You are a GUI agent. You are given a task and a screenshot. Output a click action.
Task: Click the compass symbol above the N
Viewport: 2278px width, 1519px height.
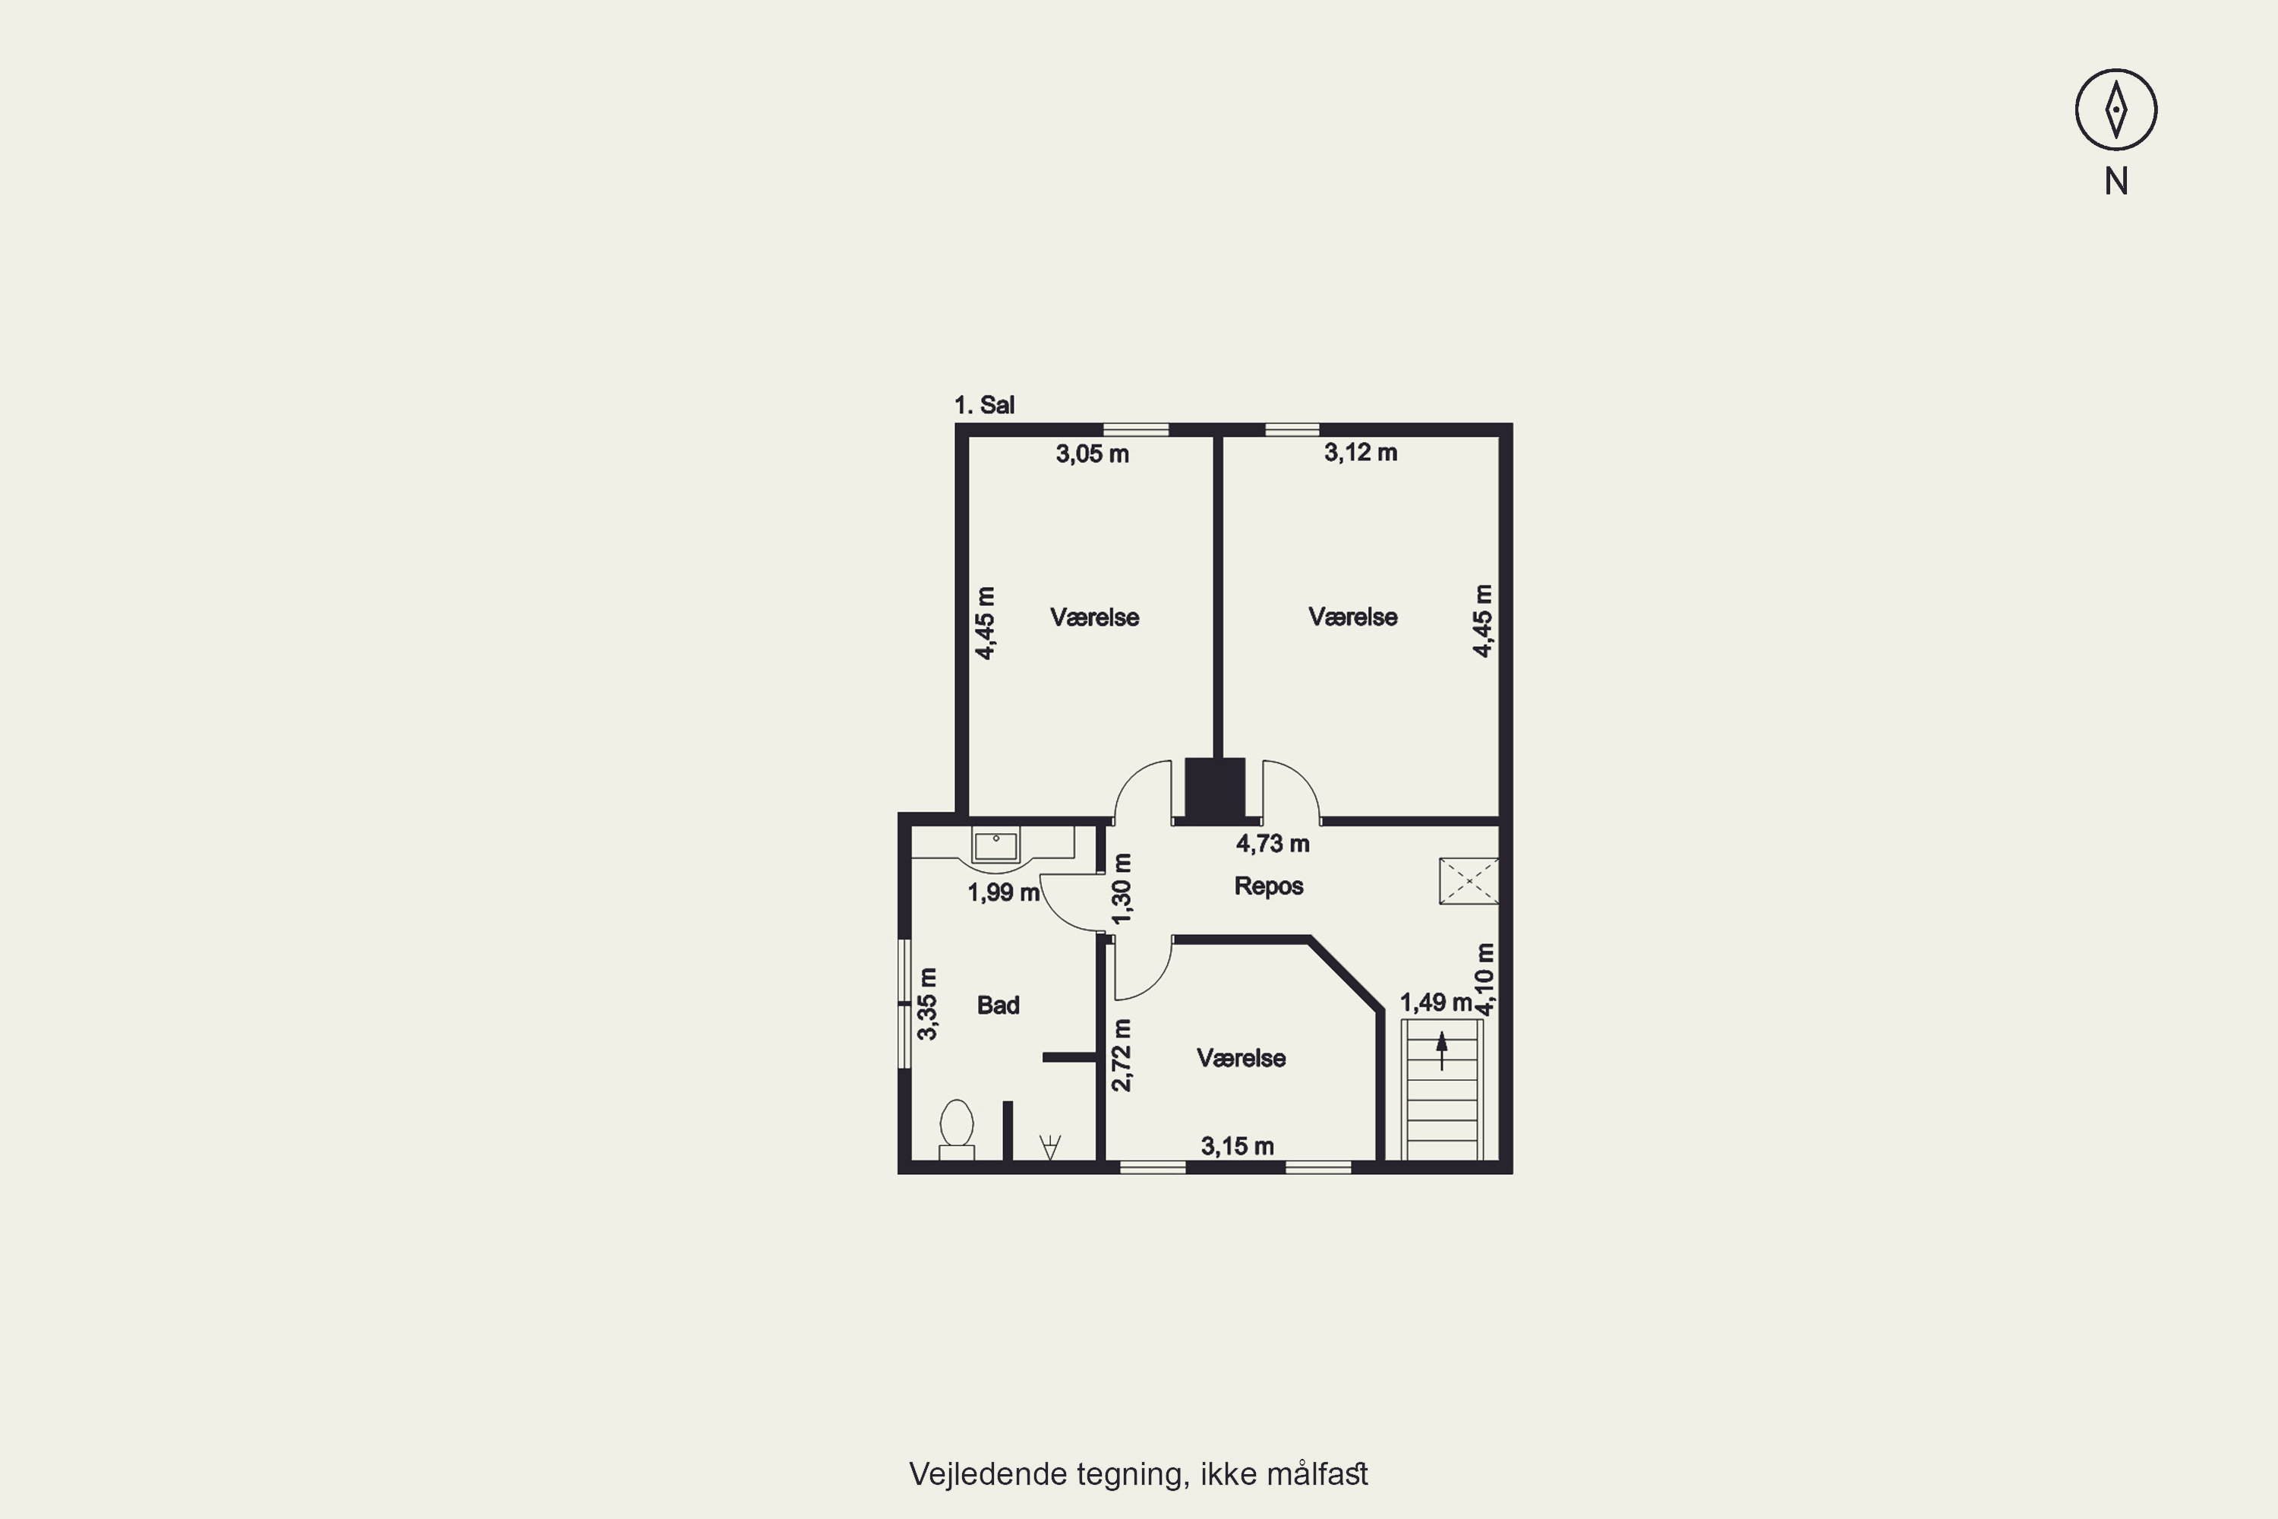pyautogui.click(x=2116, y=109)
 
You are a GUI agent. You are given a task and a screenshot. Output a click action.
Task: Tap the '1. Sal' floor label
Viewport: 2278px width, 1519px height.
pyautogui.click(x=984, y=405)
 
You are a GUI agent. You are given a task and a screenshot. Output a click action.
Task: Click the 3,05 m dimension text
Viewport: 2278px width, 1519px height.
pyautogui.click(x=1092, y=453)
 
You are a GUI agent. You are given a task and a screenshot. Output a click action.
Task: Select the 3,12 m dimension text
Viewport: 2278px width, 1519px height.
pyautogui.click(x=1360, y=453)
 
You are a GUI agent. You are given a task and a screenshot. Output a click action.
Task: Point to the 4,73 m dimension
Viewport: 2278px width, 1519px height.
pyautogui.click(x=1272, y=844)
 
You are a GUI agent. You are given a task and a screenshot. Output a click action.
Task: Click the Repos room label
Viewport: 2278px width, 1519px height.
pyautogui.click(x=1268, y=886)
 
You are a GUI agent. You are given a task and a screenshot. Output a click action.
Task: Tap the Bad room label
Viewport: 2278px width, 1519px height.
pyautogui.click(x=998, y=1006)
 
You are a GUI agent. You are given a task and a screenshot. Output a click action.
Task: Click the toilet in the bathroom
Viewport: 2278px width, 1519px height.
pyautogui.click(x=956, y=1129)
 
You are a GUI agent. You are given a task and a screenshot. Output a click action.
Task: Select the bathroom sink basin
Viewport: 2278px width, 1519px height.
pyautogui.click(x=995, y=846)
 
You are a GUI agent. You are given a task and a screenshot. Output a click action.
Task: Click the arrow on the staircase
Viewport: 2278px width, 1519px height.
pyautogui.click(x=1441, y=1050)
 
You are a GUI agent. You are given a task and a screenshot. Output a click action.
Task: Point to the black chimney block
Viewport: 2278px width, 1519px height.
pyautogui.click(x=1214, y=788)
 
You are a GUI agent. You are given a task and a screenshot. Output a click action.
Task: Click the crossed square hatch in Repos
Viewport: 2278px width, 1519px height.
pyautogui.click(x=1469, y=880)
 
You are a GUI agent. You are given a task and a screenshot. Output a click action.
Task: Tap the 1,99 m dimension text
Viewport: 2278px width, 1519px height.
pyautogui.click(x=1003, y=892)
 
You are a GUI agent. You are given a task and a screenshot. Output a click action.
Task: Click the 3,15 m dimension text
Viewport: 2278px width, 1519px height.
pyautogui.click(x=1237, y=1147)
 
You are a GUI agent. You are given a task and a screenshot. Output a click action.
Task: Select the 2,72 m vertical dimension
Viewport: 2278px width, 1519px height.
pyautogui.click(x=1121, y=1055)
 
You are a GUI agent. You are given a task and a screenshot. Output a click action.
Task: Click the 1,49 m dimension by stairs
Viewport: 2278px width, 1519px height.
pyautogui.click(x=1435, y=1003)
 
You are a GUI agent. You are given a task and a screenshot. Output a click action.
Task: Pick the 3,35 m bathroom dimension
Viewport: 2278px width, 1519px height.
pyautogui.click(x=927, y=1003)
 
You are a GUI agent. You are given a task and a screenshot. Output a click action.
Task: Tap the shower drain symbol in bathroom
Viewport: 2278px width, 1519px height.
pyautogui.click(x=1050, y=1147)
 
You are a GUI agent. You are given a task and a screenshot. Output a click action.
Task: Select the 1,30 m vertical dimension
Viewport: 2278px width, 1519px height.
pyautogui.click(x=1122, y=889)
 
